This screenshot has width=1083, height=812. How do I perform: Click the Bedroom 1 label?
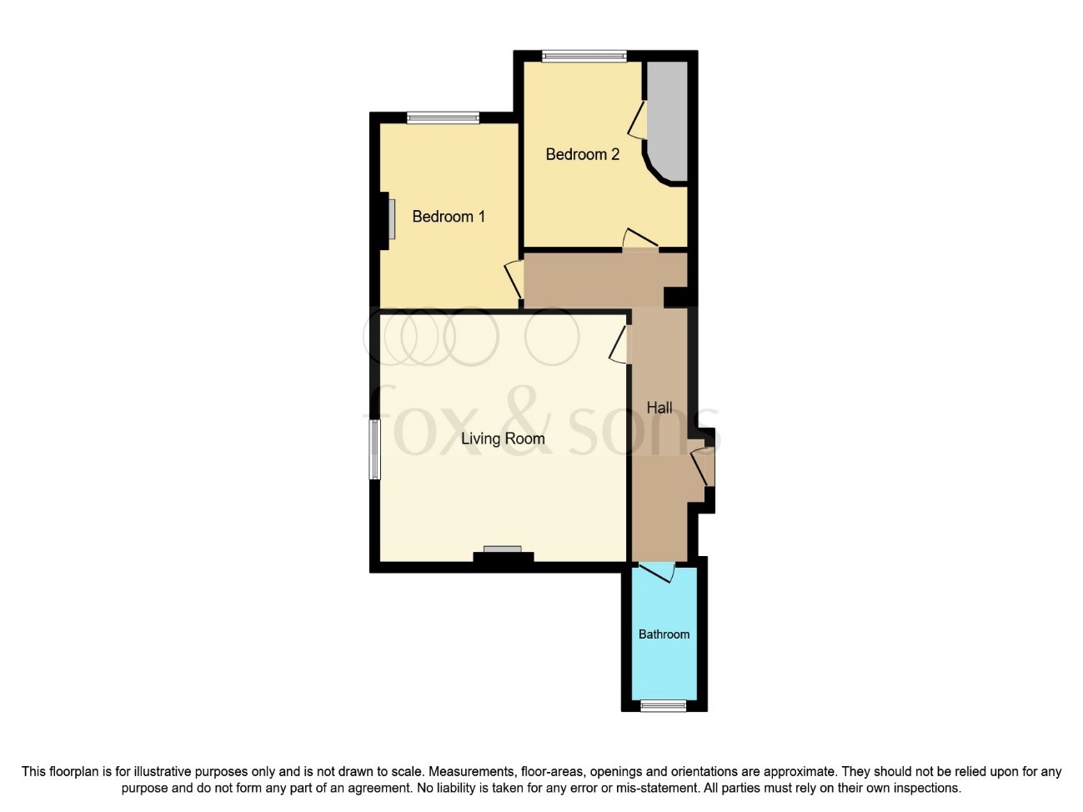click(449, 217)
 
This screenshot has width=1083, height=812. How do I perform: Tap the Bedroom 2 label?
click(582, 154)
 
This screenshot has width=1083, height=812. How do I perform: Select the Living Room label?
click(503, 439)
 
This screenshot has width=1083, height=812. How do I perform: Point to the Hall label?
click(659, 408)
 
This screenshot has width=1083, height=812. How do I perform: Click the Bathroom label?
click(664, 634)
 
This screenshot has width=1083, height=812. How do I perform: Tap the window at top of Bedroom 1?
click(443, 118)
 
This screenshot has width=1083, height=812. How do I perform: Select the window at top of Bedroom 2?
click(584, 57)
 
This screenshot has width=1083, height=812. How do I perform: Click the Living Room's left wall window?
click(375, 449)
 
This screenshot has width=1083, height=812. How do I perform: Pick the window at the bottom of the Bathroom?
click(664, 706)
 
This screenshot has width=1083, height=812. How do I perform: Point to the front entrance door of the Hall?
click(703, 467)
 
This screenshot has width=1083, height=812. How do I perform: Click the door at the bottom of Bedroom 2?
click(639, 238)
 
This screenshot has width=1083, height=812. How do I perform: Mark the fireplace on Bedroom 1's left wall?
click(389, 218)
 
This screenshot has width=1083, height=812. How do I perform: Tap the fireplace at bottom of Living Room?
click(503, 554)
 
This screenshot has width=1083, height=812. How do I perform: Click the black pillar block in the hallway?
click(675, 297)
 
